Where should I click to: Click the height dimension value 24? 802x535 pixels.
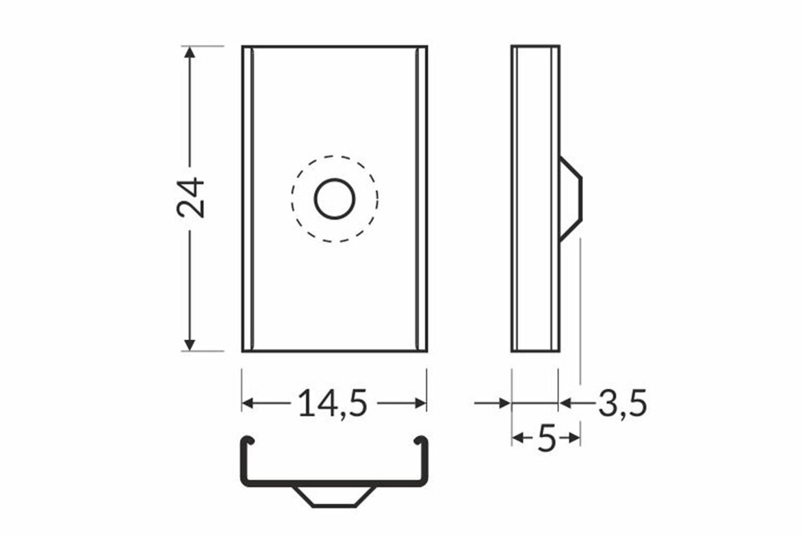point(192,197)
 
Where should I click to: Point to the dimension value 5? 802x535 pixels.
point(546,438)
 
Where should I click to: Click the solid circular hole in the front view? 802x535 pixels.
point(334,198)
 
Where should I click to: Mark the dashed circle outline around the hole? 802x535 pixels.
point(294,198)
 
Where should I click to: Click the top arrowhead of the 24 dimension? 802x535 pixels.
point(189,53)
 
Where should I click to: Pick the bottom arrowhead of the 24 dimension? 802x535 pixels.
point(189,344)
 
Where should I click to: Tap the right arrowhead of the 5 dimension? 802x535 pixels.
point(574,438)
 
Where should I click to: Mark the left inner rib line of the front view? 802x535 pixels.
point(253,198)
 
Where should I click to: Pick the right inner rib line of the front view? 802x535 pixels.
point(417,198)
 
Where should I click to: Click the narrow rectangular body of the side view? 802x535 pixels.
point(535,198)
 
